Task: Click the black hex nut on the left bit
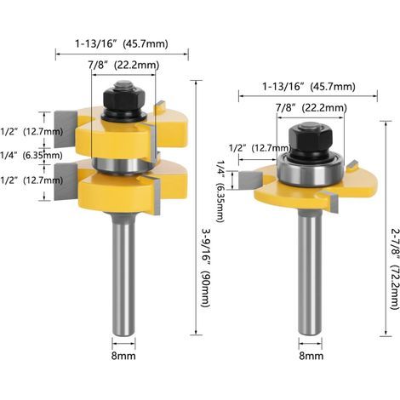click(123, 99)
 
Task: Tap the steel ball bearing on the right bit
click(311, 171)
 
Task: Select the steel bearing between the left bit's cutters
click(123, 165)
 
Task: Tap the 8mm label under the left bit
click(123, 356)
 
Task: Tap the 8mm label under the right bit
click(311, 356)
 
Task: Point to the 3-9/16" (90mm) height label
click(205, 267)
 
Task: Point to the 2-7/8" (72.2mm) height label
click(394, 269)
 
